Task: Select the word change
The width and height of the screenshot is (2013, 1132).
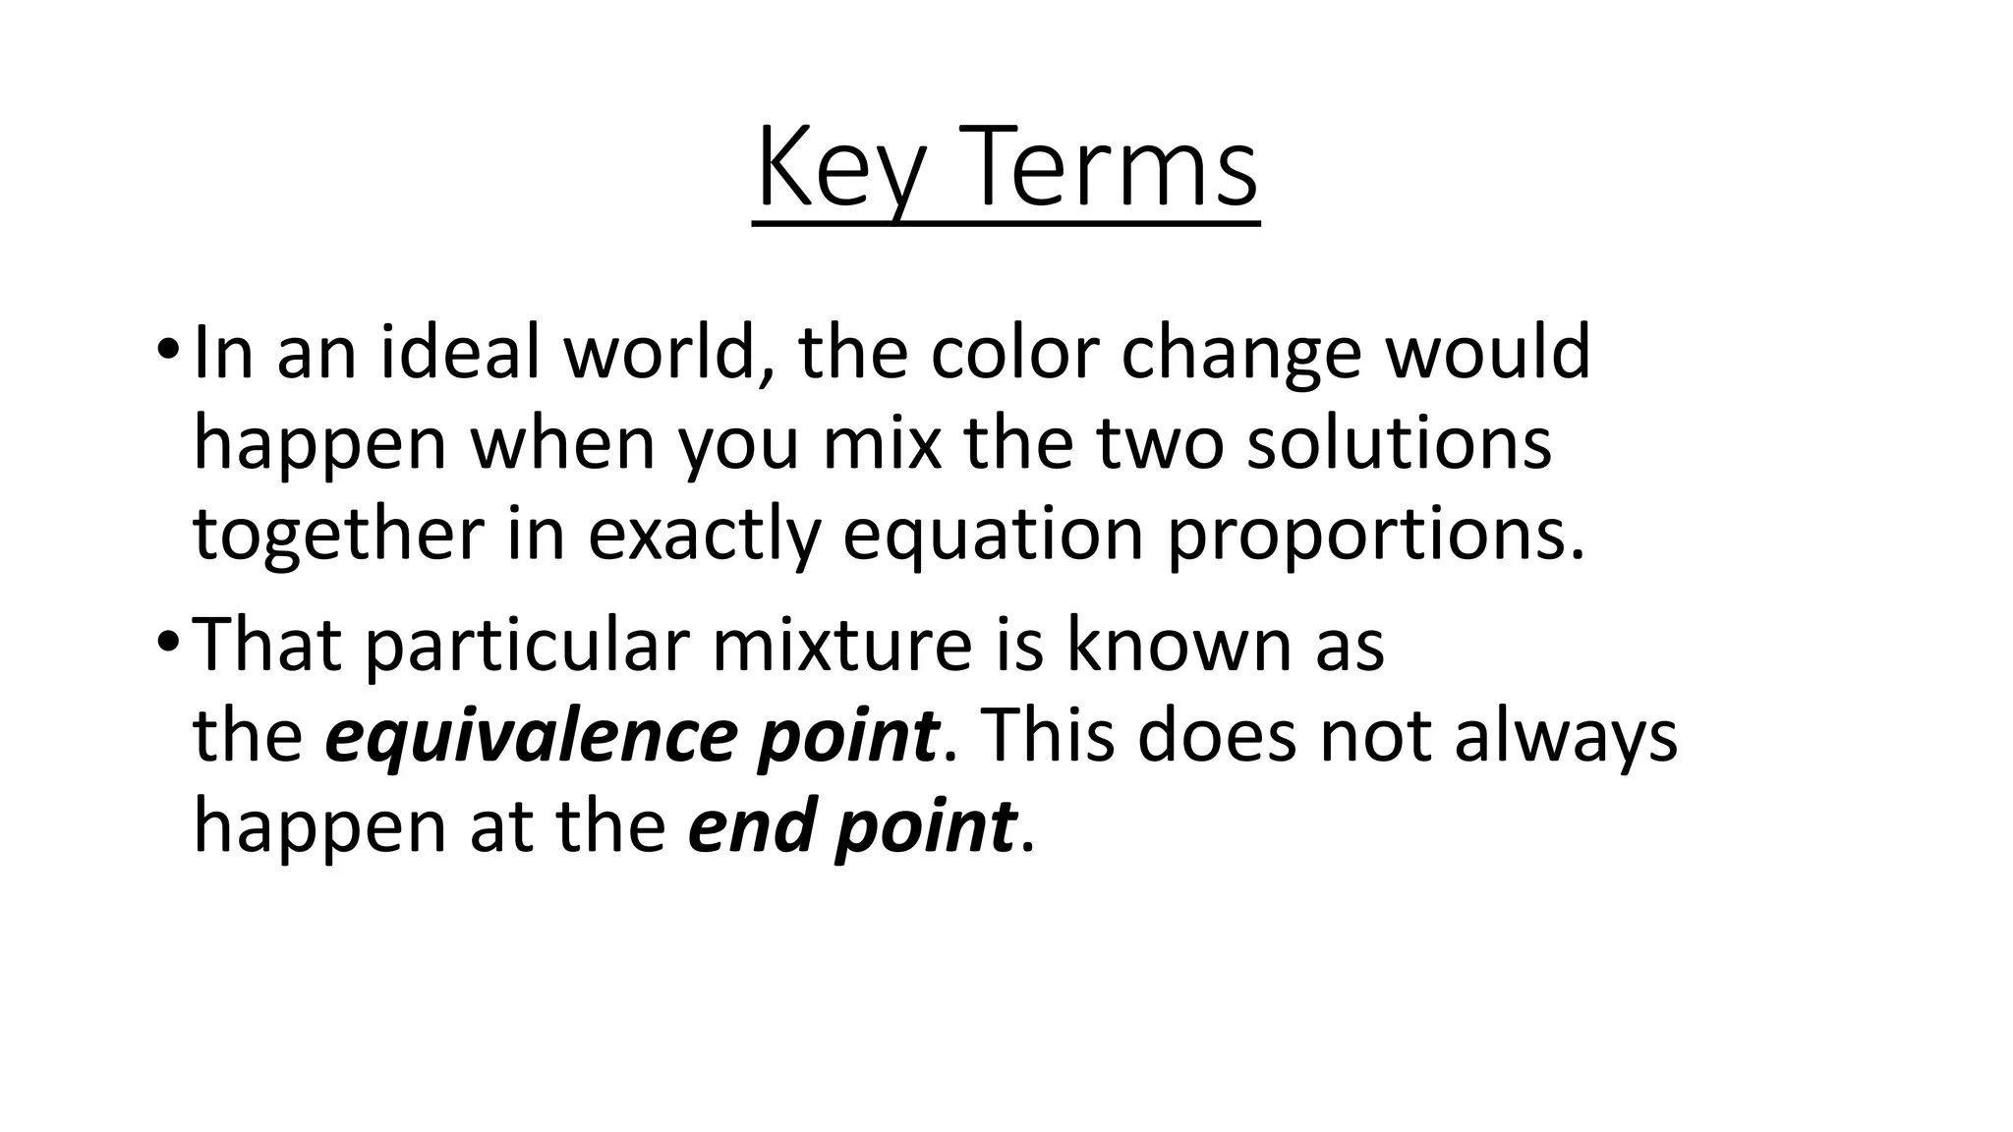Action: [x=1241, y=356]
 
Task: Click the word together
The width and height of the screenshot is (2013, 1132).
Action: [x=338, y=536]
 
